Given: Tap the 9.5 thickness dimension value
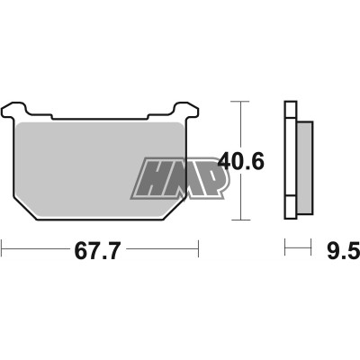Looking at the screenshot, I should point(331,247).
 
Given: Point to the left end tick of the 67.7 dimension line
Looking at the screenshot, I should point(4,247).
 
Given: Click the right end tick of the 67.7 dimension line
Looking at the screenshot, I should point(197,247).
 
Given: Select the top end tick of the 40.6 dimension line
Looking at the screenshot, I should point(239,102).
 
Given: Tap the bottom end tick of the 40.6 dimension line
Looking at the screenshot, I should point(239,220).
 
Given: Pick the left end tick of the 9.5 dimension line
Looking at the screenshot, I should point(285,247).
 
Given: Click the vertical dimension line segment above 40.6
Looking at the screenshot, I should point(239,126).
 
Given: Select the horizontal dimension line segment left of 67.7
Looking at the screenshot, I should point(36,247).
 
